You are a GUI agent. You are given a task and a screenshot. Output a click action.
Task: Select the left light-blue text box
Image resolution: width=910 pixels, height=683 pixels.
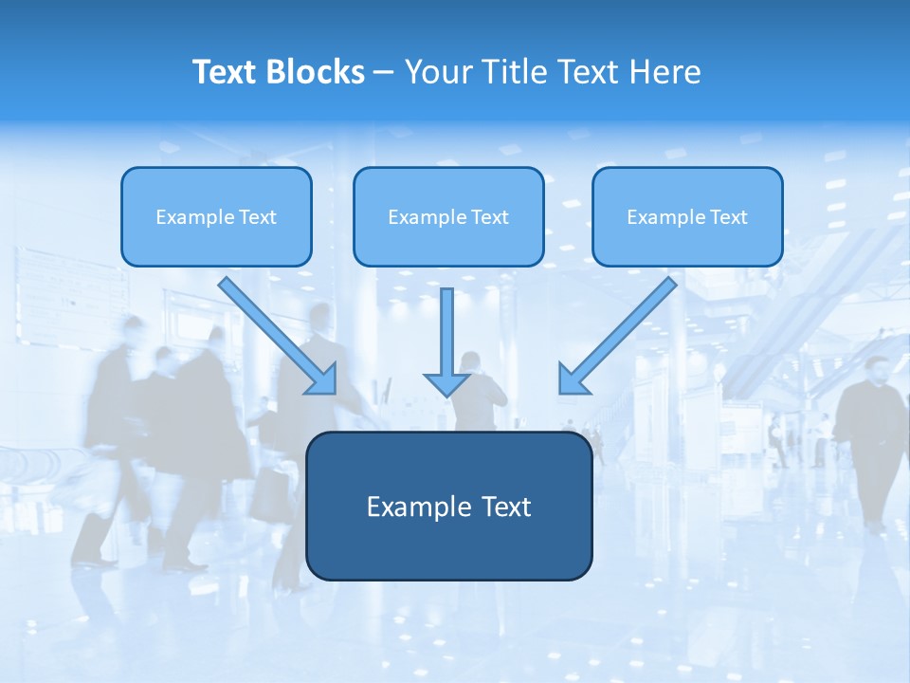pos(216,216)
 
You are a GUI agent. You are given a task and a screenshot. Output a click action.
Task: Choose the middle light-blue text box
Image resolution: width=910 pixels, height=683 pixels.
pos(448,216)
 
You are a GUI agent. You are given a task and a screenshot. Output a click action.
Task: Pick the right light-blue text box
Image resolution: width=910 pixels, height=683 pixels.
pos(687,216)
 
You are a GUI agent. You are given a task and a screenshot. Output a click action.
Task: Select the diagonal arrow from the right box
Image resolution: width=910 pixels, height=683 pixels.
pos(616,337)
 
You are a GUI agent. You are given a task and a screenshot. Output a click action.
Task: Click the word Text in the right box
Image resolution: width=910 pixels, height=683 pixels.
pos(728,217)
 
